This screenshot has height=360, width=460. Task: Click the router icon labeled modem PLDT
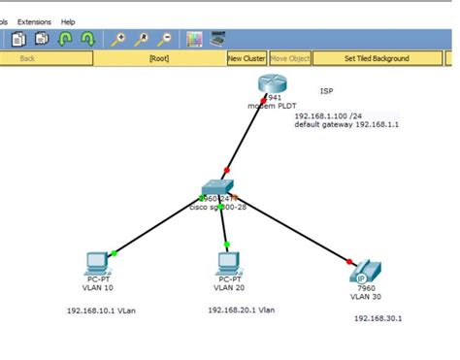(269, 86)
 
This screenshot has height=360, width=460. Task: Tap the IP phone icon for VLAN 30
(362, 273)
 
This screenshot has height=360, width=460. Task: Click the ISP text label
(326, 91)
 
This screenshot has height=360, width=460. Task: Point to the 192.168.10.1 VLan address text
(104, 311)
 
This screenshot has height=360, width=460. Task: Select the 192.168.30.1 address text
(378, 317)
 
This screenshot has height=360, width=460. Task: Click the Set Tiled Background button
(377, 58)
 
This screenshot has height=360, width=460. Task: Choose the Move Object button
(289, 58)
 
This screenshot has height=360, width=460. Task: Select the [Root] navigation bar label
(158, 58)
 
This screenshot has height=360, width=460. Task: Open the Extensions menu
(34, 21)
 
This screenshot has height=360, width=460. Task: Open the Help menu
(68, 21)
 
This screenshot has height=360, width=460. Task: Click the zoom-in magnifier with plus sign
(118, 39)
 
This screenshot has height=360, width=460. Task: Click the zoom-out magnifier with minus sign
(165, 39)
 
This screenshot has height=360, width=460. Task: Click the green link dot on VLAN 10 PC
(115, 253)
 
